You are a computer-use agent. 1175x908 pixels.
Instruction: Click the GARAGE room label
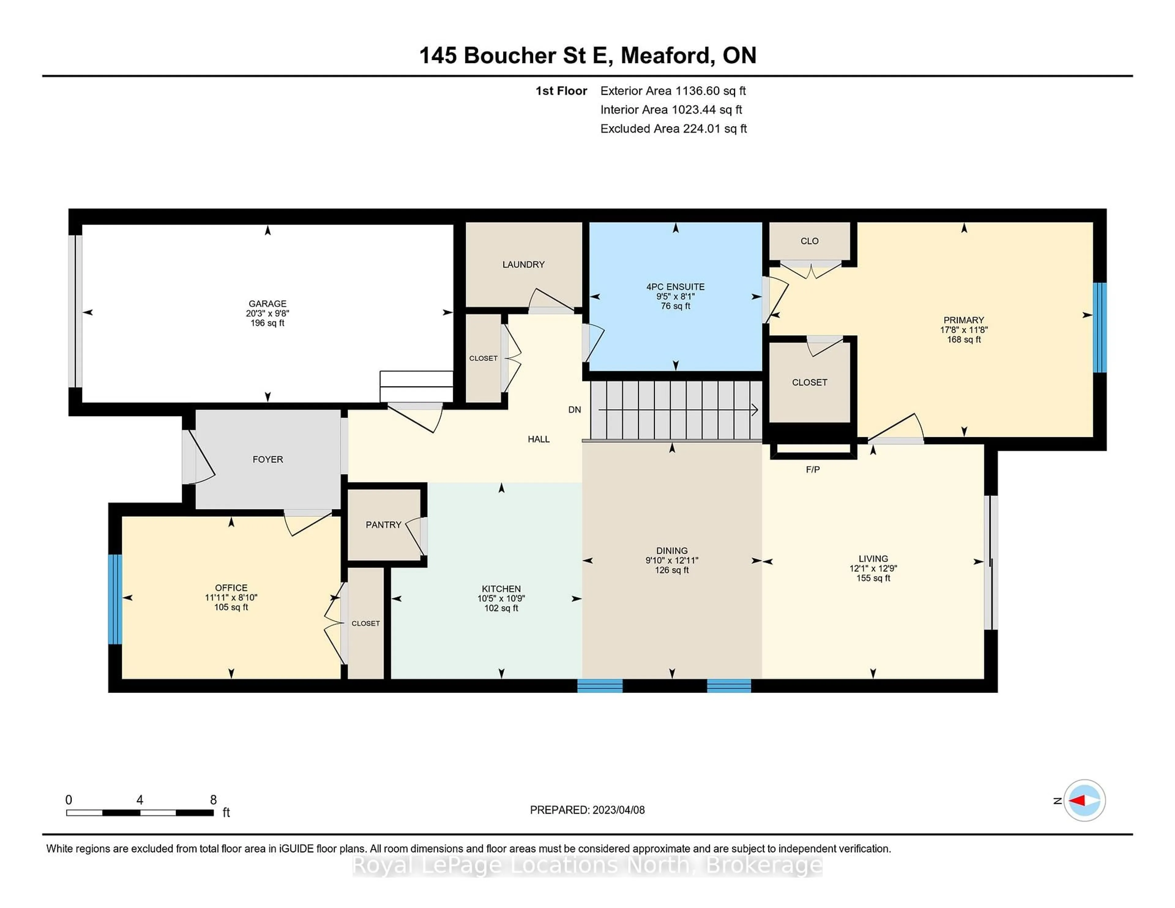tap(267, 303)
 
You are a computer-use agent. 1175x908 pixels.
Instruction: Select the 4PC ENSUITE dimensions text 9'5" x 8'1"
tap(675, 296)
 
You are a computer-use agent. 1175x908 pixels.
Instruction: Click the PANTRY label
tap(383, 524)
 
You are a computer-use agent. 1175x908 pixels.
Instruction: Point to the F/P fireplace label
tap(812, 470)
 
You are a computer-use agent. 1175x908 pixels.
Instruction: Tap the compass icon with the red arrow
tap(1084, 800)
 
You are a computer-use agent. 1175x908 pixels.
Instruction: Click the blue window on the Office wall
tap(115, 599)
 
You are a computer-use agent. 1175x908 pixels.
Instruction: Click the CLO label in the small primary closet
tap(809, 241)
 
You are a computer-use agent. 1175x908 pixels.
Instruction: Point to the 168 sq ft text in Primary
tap(964, 339)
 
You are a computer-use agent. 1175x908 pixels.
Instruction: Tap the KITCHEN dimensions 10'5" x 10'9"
tap(501, 598)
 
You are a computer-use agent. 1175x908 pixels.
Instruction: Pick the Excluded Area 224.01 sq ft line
tap(673, 128)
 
